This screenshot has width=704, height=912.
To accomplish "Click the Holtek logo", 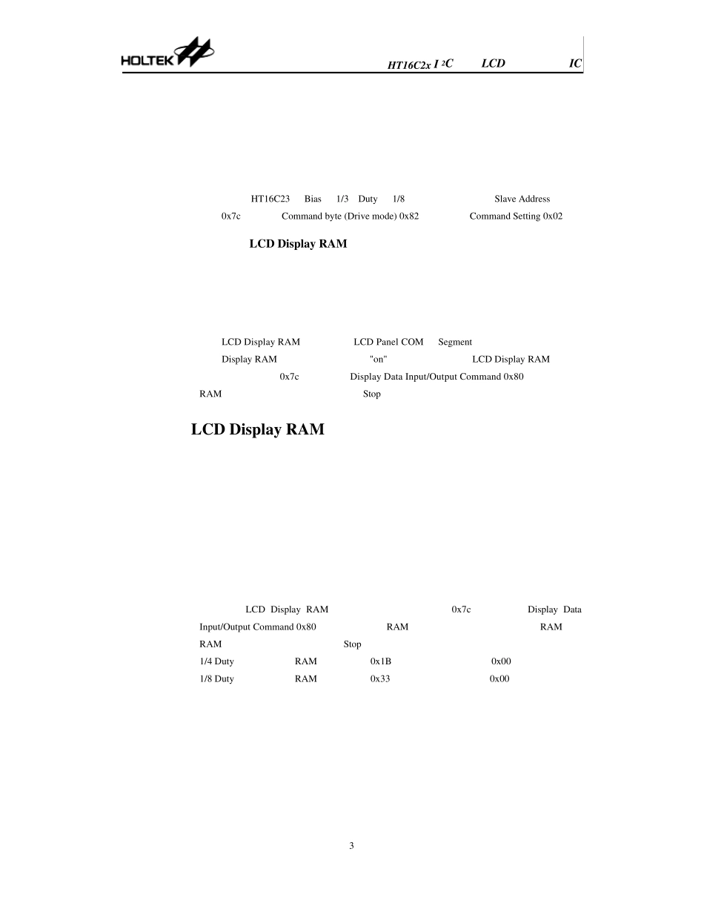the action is point(167,52).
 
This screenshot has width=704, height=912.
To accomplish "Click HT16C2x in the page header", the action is point(409,65).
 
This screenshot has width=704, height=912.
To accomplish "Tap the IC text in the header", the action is point(575,63).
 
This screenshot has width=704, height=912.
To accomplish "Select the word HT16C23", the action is point(270,199).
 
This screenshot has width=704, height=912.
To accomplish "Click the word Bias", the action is point(313,199).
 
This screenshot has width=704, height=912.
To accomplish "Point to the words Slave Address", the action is point(522,199).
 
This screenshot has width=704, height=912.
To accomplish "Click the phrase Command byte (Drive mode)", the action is point(339,217).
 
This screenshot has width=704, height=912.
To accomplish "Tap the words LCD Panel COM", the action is point(388,342).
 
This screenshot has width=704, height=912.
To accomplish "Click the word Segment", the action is point(455,343).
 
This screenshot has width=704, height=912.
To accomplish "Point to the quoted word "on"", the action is point(378,360).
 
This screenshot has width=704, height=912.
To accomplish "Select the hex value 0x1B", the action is point(381,661).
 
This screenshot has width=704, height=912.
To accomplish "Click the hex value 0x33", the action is point(380,678).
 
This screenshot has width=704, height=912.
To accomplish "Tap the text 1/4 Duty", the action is point(216,662).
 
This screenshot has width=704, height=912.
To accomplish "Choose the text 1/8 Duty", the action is point(216,679).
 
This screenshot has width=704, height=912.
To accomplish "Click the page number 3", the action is point(351,846).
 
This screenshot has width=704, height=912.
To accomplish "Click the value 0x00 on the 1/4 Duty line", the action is point(501,661).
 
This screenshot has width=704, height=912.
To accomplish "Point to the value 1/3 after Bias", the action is point(342,199).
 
